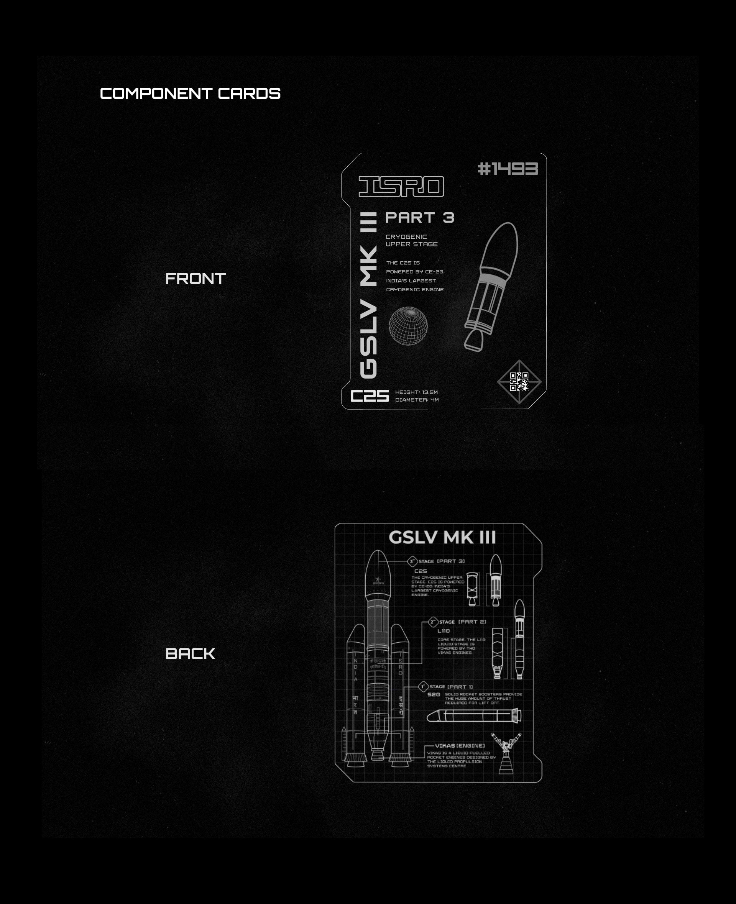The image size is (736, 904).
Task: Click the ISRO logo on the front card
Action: point(401,187)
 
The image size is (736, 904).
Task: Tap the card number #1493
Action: point(508,169)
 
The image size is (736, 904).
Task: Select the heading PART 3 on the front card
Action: point(419,218)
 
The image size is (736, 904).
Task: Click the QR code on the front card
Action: point(519,381)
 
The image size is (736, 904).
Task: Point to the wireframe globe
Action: point(408,325)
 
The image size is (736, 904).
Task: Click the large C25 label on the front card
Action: point(369,396)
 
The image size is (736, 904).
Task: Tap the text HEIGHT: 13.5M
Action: point(416,392)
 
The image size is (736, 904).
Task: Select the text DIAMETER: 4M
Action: point(417,400)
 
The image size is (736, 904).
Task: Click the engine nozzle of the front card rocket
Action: point(473,341)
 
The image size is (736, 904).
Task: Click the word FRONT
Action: point(195,279)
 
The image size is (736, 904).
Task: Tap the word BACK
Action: point(190,653)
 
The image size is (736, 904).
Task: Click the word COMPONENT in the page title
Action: point(156,94)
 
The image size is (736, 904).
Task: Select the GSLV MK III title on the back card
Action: point(442,537)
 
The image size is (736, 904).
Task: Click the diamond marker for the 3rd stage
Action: point(412,561)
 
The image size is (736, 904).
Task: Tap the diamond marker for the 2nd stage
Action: point(432,622)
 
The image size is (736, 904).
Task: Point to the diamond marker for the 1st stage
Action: point(423,687)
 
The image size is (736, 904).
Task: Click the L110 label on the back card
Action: point(444,631)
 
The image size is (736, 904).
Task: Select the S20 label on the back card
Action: point(434,695)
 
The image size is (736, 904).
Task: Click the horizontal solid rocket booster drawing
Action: point(474,716)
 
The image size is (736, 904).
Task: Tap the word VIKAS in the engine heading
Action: point(445,745)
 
